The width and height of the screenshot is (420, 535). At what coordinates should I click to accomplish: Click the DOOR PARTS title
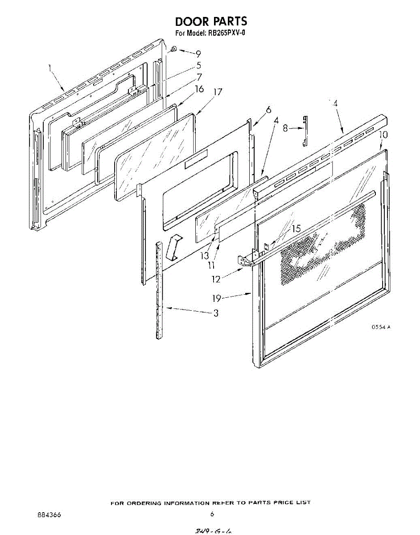210,21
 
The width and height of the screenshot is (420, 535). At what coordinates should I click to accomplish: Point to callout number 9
198,54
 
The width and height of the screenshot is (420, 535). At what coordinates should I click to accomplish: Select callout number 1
50,68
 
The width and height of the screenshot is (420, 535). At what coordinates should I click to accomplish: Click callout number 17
218,93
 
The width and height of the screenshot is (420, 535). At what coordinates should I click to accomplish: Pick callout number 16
199,89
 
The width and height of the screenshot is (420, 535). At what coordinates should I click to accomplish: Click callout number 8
285,128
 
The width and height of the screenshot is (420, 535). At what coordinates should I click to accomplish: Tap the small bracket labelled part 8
305,130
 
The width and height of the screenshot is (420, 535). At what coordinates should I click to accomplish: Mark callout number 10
383,135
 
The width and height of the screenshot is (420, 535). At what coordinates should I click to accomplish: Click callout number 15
296,229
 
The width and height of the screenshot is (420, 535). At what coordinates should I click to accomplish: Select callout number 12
216,280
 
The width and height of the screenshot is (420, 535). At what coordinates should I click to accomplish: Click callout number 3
216,313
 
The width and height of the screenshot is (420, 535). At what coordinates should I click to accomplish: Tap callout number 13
205,256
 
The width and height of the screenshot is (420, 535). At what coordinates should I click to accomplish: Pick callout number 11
211,266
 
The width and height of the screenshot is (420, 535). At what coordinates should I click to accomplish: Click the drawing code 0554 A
381,327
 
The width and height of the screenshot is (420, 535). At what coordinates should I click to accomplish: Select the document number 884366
49,514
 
